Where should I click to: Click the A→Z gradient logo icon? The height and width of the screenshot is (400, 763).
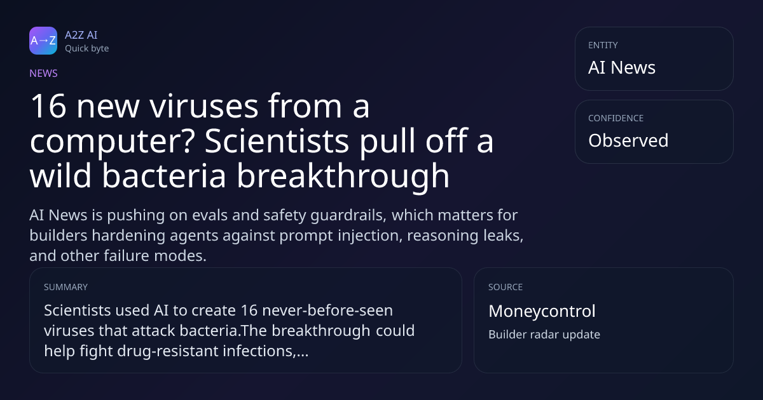tap(43, 41)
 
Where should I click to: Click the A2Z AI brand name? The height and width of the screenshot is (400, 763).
tap(81, 35)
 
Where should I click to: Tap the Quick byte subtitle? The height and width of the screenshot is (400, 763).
tap(87, 49)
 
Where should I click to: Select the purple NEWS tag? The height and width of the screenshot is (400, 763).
tap(44, 74)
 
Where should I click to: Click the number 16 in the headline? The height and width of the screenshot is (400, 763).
tap(48, 106)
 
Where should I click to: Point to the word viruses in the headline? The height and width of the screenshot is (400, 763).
tap(203, 106)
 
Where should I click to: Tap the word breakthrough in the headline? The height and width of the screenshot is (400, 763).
tap(343, 177)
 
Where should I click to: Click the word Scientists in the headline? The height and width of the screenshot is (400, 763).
tap(277, 140)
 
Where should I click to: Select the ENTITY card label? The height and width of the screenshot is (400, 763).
tap(603, 45)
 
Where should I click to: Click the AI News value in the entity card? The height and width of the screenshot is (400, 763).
tap(622, 67)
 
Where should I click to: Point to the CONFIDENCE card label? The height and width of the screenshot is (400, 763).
tap(616, 118)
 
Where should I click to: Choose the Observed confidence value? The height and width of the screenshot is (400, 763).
tap(628, 140)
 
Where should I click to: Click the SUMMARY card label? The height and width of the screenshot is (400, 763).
tap(65, 287)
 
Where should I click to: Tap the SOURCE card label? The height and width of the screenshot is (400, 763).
tap(505, 287)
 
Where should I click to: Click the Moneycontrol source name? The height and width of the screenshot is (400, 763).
tap(542, 311)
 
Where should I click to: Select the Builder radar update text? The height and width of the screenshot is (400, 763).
tap(544, 335)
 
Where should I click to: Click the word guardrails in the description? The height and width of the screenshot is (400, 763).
tap(348, 216)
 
